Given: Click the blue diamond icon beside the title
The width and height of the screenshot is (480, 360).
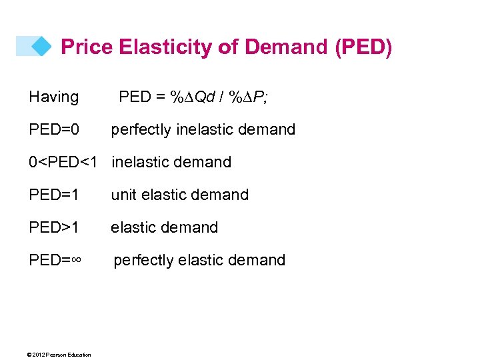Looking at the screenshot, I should point(41,46).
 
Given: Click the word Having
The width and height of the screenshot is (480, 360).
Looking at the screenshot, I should point(53,97).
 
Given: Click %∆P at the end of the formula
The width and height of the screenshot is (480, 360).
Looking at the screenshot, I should point(248,97).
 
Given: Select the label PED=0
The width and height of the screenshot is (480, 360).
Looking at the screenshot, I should point(54,129).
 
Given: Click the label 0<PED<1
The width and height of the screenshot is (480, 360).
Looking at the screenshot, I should point(63,162).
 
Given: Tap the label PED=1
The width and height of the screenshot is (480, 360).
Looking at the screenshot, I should point(54,195).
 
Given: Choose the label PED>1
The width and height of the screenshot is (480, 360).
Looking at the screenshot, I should point(54,227).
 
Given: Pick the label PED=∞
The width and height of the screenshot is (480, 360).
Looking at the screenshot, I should point(55,260).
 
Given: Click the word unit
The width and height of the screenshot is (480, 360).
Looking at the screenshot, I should point(123,195).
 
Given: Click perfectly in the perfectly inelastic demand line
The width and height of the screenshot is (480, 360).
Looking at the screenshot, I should point(141,129).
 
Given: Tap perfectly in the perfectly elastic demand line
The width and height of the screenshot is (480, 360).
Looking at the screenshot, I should point(143,260).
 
